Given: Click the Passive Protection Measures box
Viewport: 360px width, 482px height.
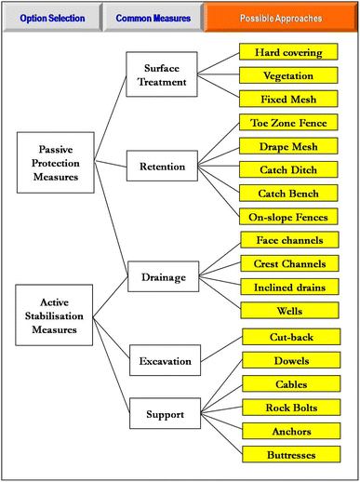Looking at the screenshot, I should (x=55, y=161).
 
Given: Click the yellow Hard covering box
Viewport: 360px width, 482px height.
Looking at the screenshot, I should (x=293, y=52).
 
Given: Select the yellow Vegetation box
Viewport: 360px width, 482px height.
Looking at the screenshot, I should (x=293, y=75).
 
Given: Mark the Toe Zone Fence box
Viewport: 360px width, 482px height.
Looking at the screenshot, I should (x=293, y=123).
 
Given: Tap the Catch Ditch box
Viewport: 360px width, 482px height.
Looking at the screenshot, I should (x=293, y=169).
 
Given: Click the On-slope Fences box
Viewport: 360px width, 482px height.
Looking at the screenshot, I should (x=293, y=217).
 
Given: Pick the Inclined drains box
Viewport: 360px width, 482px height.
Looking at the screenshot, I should (x=293, y=287).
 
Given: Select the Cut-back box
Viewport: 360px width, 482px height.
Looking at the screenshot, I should (x=293, y=336).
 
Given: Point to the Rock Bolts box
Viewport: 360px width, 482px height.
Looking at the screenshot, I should (x=293, y=408).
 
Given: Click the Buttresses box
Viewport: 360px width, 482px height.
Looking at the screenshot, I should (x=293, y=454).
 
